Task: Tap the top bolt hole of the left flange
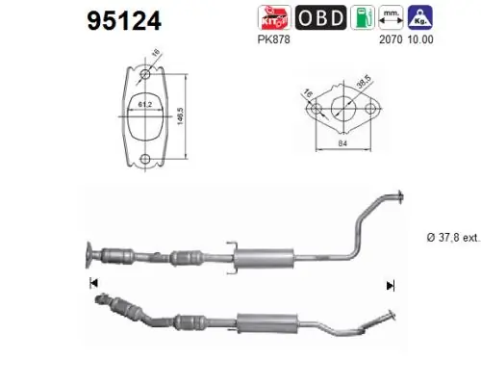pos(144,73)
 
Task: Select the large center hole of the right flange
pos(342,111)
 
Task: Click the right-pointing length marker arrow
pos(391,285)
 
